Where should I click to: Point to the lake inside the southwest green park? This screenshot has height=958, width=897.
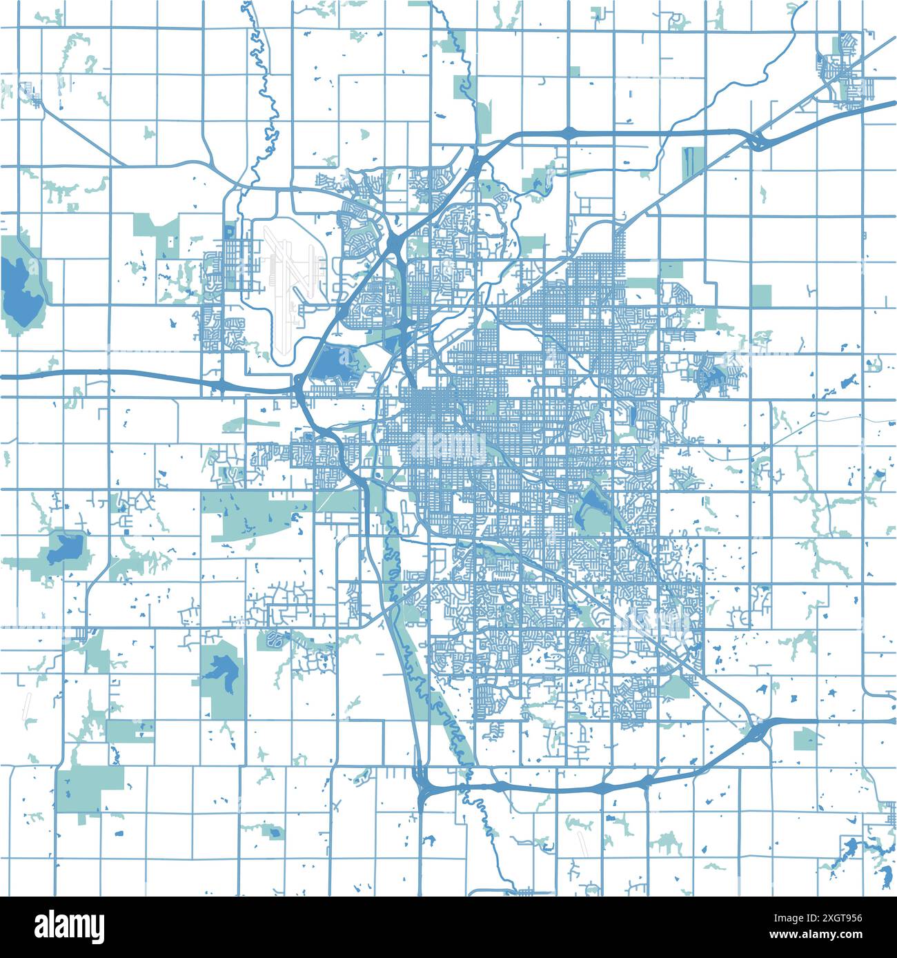(x=222, y=667)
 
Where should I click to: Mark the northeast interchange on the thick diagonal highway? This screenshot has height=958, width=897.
(x=757, y=142)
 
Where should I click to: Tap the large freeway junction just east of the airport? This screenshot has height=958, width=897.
(x=397, y=242)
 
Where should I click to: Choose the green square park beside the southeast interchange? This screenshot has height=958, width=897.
(x=805, y=740)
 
